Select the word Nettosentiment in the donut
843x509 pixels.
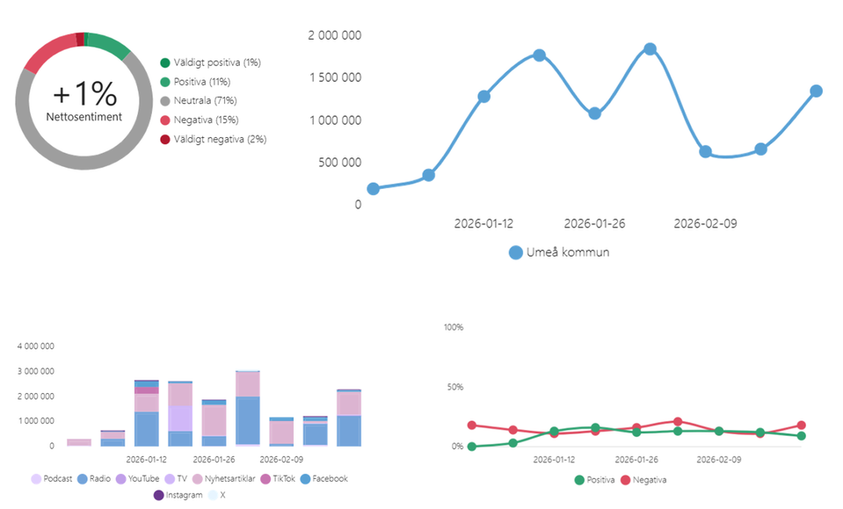84,116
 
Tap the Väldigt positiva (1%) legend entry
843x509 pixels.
216,62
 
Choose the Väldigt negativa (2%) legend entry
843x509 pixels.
219,139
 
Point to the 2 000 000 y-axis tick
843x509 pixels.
334,35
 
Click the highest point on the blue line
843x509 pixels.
650,49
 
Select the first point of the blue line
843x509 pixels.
373,189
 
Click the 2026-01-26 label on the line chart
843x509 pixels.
594,223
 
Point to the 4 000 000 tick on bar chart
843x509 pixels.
36,346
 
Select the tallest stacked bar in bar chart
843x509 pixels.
247,409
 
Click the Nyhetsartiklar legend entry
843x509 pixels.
228,479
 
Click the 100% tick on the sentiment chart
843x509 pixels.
453,327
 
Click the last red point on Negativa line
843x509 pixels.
801,425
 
